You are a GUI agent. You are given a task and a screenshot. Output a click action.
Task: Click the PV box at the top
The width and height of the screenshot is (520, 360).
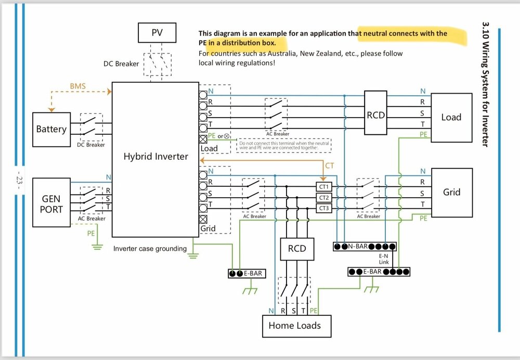[157, 33]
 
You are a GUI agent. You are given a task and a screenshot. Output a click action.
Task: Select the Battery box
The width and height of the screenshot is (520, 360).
[51, 128]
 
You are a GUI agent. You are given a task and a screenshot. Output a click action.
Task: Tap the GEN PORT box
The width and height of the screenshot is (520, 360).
[51, 203]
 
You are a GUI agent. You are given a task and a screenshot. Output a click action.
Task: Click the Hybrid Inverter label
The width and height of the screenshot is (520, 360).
[155, 156]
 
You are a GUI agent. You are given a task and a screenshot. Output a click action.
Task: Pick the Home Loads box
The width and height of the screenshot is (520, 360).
[294, 326]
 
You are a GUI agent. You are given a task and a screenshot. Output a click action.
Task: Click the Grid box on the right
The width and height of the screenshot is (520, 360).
[451, 192]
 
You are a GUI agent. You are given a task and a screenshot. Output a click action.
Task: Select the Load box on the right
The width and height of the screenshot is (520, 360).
[451, 117]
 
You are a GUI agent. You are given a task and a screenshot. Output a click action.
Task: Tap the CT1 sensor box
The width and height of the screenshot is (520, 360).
[323, 186]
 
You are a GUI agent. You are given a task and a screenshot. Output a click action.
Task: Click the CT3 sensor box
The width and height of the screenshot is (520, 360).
[323, 208]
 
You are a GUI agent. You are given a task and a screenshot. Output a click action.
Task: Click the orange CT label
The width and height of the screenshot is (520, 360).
[330, 166]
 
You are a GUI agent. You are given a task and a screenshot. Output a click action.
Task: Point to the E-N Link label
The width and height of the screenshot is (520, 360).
[383, 259]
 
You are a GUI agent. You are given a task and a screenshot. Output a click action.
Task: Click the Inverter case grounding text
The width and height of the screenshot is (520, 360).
[150, 249]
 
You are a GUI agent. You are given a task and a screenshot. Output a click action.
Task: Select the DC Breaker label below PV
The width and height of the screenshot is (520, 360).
[122, 64]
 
